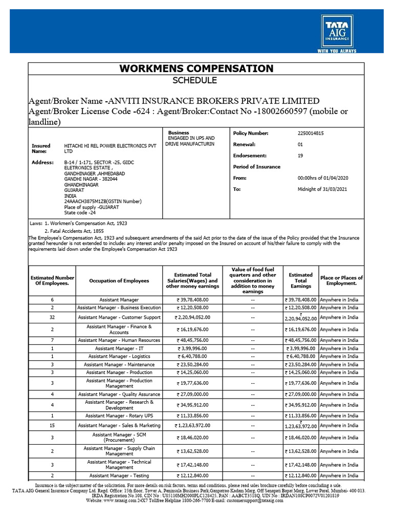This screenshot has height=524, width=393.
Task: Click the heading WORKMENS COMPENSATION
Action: coord(196,69)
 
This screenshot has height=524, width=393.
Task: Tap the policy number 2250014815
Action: coord(311,133)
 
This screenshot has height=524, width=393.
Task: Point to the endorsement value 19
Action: coord(300,156)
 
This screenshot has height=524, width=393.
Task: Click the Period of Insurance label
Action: coord(257,167)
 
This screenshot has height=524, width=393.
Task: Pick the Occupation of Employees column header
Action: coord(119,280)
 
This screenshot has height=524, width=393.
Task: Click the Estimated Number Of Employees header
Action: coord(52,280)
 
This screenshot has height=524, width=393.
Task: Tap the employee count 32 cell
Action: coord(52,317)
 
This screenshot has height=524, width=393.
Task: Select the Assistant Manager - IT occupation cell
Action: coord(119,348)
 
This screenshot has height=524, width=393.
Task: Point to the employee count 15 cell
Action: coord(52,425)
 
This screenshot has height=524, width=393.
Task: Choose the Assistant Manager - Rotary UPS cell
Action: coord(119,416)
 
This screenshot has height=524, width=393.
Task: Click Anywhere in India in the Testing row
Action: coord(339,475)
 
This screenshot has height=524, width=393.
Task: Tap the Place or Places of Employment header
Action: coord(341,280)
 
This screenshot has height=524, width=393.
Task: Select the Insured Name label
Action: coord(41,148)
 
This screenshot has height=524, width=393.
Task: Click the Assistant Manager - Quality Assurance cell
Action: coord(119,395)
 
